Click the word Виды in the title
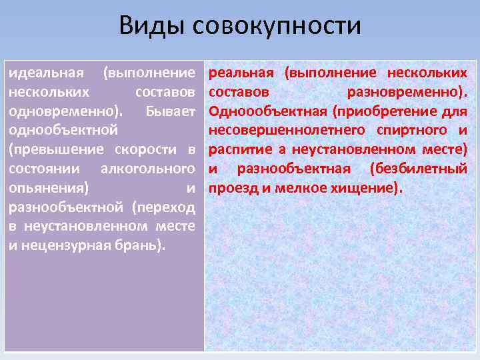[153, 27]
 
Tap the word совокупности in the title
[277, 27]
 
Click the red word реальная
[241, 72]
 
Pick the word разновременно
[406, 91]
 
